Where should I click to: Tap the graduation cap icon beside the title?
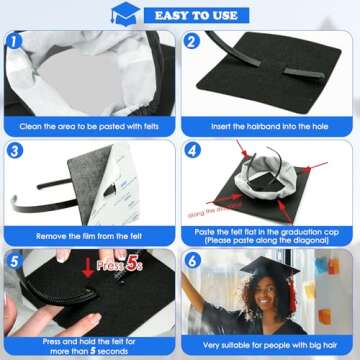(x=125, y=14)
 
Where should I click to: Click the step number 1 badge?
(x=15, y=42)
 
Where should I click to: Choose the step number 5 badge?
(x=15, y=258)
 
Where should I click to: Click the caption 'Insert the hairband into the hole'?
(x=270, y=128)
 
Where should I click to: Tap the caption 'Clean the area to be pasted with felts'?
(x=90, y=128)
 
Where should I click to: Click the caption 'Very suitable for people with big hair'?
(x=270, y=343)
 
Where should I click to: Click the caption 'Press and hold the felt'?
(x=90, y=343)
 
